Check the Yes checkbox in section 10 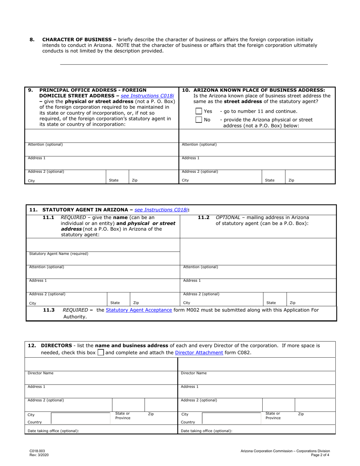click(x=199, y=111)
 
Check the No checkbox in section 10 click(x=199, y=120)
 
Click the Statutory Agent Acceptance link click(x=139, y=310)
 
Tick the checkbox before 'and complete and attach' click(x=100, y=353)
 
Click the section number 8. click(x=32, y=39)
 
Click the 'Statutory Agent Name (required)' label click(x=59, y=253)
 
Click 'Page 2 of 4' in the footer click(x=320, y=455)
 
